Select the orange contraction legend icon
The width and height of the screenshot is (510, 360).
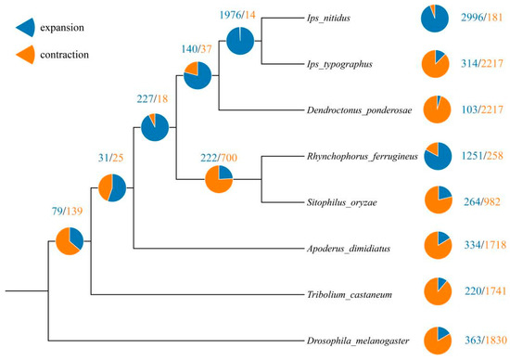tap(29, 55)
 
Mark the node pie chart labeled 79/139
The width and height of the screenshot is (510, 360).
tap(69, 241)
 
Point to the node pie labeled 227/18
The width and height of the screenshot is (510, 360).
tap(156, 127)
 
